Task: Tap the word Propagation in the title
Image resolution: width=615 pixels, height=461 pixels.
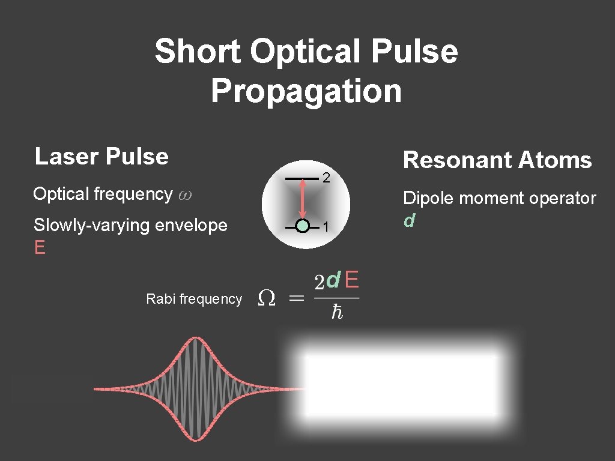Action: pyautogui.click(x=306, y=91)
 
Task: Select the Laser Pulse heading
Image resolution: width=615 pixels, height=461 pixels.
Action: pyautogui.click(x=101, y=157)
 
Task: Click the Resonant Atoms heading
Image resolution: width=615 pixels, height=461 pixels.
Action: pyautogui.click(x=497, y=160)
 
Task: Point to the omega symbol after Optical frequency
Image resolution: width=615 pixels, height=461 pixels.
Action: pyautogui.click(x=185, y=195)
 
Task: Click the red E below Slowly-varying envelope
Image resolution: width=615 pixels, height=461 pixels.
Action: pyautogui.click(x=40, y=248)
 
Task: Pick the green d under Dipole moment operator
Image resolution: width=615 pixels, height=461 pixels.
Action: pyautogui.click(x=409, y=221)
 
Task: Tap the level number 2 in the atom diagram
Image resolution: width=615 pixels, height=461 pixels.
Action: pyautogui.click(x=326, y=178)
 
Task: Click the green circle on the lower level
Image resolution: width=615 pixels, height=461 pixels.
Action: pyautogui.click(x=303, y=226)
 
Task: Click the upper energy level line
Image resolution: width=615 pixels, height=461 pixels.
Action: pyautogui.click(x=301, y=179)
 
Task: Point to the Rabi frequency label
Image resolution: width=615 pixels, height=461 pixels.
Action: pyautogui.click(x=194, y=299)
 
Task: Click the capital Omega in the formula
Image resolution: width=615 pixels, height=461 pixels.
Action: pyautogui.click(x=266, y=298)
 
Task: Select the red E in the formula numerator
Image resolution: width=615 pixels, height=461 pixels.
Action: pyautogui.click(x=353, y=280)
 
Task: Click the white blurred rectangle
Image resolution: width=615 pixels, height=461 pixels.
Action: pyautogui.click(x=401, y=386)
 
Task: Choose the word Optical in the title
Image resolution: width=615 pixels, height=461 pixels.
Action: pyautogui.click(x=306, y=52)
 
